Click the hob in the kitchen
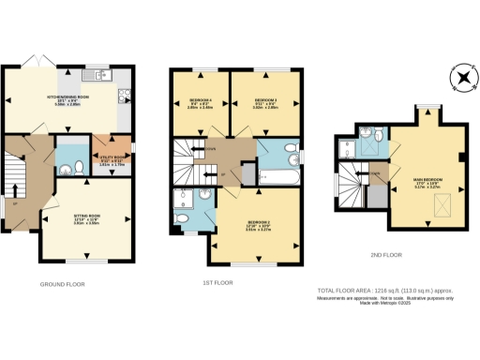124,97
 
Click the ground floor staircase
12,178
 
